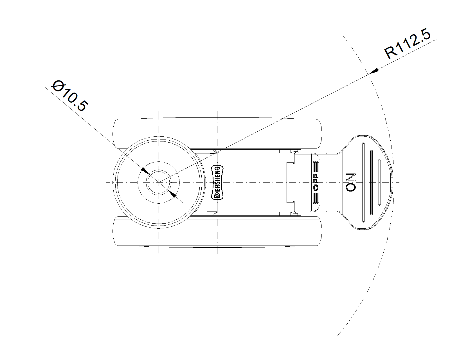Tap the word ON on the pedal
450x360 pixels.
coord(351,182)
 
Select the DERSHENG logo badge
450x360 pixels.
coord(217,183)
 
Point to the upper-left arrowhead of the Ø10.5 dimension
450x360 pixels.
coord(145,170)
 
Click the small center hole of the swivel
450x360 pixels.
coord(159,183)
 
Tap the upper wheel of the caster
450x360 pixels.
coord(217,132)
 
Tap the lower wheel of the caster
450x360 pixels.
coord(217,232)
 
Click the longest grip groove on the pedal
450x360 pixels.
coord(363,183)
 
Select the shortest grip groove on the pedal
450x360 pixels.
coord(379,183)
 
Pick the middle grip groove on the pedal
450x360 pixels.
coord(371,183)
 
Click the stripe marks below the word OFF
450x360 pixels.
coord(316,198)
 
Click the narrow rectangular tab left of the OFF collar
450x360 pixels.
coord(290,182)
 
